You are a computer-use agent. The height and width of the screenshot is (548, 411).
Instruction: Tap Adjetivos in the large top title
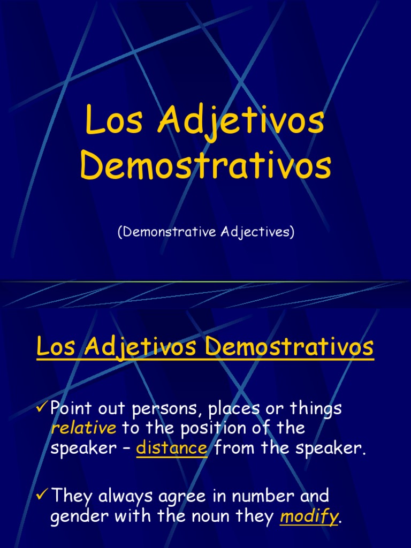240,122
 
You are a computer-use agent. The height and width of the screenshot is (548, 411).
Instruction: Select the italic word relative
83,428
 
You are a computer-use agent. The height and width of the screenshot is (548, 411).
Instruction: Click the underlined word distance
172,447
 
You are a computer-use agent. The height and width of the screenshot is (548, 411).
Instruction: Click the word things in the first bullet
315,409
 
